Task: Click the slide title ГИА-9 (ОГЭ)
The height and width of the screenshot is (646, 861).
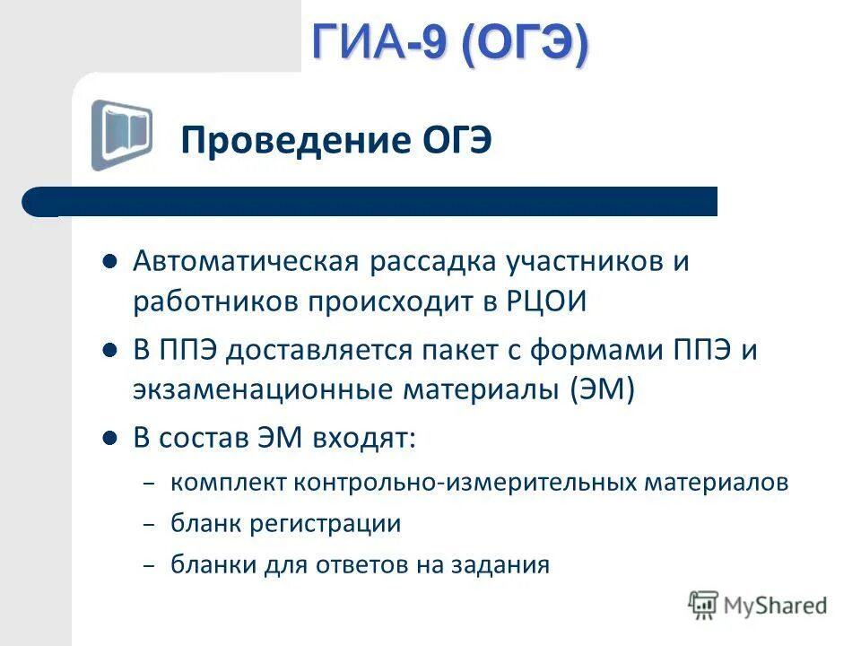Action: [x=450, y=43]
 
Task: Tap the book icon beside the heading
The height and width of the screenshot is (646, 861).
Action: [x=121, y=135]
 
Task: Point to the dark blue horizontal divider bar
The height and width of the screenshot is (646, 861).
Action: [x=370, y=201]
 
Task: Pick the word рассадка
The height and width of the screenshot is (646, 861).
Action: [x=426, y=263]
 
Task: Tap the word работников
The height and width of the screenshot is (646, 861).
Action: [x=218, y=301]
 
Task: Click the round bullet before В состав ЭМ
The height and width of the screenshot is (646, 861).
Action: [x=110, y=439]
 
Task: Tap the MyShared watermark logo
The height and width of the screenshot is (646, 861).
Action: [x=758, y=606]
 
